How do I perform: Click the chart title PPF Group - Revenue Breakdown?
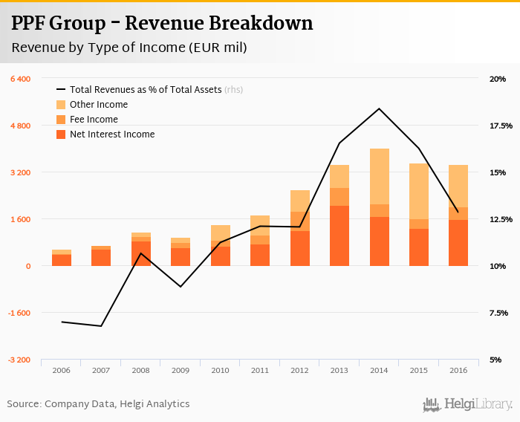coord(162,23)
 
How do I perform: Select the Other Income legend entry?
coord(98,105)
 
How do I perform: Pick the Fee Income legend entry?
coord(94,120)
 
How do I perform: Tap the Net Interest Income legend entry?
coord(111,134)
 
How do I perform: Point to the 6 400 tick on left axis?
coord(20,79)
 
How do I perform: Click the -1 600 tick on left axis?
coord(19,313)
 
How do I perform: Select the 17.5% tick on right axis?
coord(497,126)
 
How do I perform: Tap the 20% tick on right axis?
coord(497,79)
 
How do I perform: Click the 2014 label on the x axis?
coord(379,369)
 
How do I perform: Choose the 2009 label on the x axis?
coord(181,369)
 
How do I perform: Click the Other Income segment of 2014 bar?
coord(379,176)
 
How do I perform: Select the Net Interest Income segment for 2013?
coord(339,236)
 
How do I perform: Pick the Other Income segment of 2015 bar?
coord(419,191)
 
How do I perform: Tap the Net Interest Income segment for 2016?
coord(458,242)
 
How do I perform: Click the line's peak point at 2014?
coord(379,108)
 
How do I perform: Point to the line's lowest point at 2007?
coord(101,326)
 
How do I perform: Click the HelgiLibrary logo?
coord(468,404)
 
